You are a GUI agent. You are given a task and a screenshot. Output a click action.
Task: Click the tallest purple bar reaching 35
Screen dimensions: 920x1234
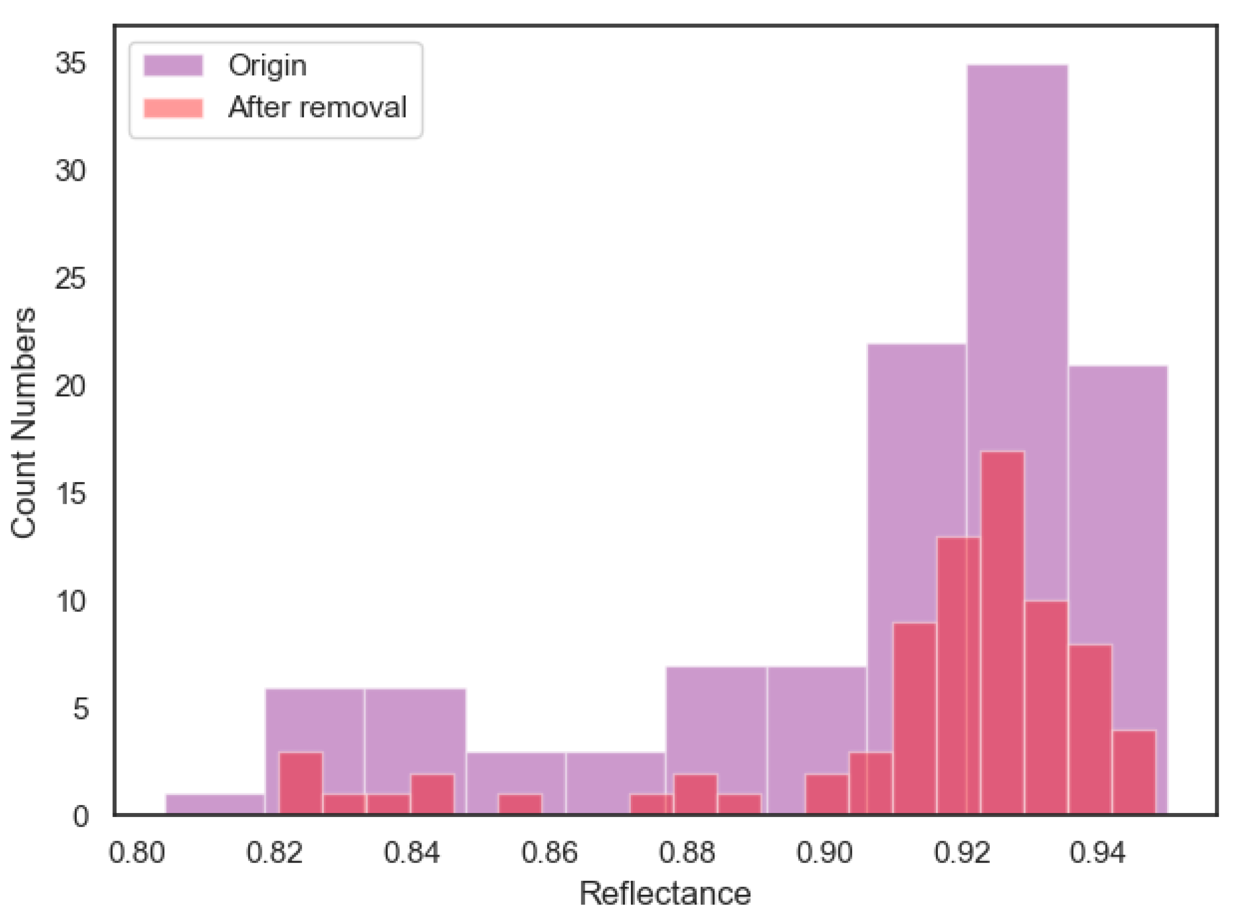point(1017,251)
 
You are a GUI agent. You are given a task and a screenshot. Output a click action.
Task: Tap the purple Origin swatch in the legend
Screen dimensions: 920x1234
point(173,66)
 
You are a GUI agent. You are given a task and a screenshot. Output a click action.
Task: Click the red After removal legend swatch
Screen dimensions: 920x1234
point(173,108)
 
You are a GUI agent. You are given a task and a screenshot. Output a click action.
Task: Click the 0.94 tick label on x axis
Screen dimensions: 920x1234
point(1097,853)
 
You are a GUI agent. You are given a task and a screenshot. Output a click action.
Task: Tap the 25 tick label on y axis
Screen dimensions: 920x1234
point(71,278)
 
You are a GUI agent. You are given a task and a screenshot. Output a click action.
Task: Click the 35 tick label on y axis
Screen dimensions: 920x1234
point(71,63)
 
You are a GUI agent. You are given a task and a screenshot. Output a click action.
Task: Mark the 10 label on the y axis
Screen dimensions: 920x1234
point(71,601)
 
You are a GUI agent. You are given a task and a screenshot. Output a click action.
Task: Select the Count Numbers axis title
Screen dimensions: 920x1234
point(23,423)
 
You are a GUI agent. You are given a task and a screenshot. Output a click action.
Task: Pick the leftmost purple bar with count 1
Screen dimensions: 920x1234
point(215,804)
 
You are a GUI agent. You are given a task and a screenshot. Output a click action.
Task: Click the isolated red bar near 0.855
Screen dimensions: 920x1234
point(519,804)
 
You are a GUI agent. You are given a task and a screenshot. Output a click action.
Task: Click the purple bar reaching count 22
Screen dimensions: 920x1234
point(916,473)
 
